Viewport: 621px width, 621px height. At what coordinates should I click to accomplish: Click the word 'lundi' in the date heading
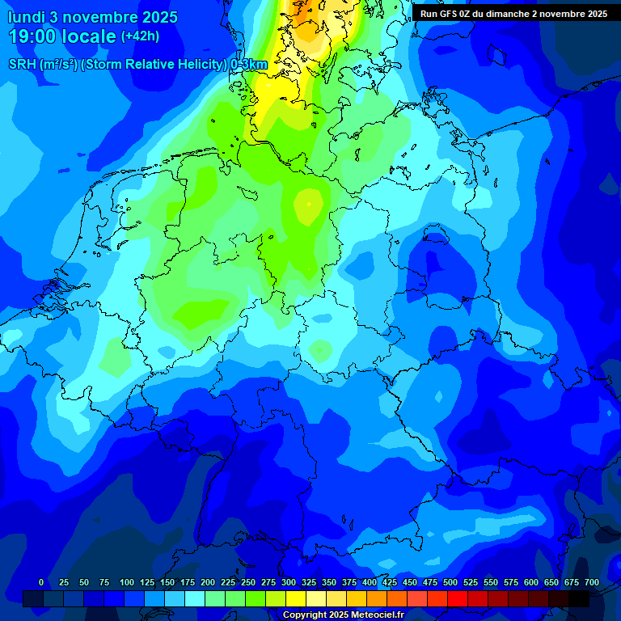27,17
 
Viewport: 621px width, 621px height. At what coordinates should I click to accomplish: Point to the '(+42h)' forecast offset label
141,36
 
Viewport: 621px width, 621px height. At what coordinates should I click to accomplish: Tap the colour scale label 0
41,582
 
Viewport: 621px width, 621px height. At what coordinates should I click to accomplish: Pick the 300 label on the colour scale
289,582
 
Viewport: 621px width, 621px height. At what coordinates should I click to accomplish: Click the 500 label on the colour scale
450,582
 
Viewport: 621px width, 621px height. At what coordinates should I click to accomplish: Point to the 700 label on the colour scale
592,582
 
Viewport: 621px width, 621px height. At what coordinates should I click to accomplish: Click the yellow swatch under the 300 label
296,598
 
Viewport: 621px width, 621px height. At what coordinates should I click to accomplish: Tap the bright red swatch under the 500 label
458,598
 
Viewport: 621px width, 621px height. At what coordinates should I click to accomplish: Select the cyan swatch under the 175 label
195,598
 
